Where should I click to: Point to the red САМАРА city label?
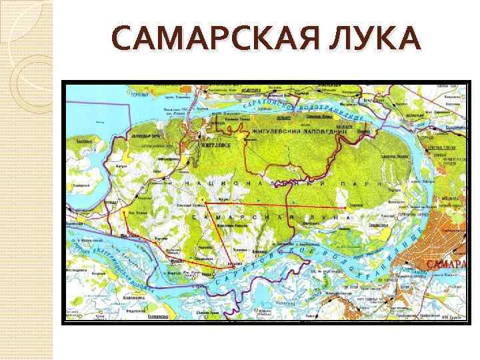445,265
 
